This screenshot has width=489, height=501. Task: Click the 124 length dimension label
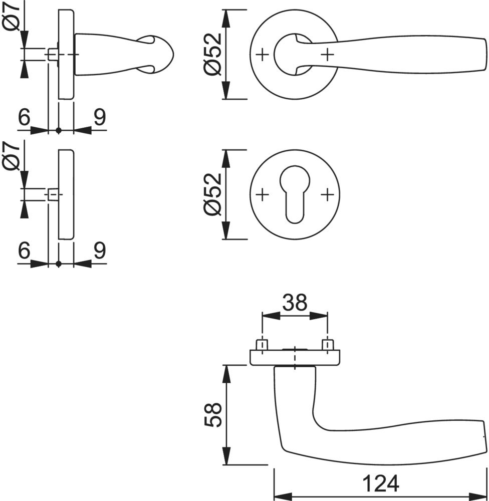[x=380, y=483]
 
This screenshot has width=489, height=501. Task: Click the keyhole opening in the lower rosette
[x=294, y=195]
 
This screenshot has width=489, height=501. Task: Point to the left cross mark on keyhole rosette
[x=262, y=194]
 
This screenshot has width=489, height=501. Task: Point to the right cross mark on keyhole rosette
[x=327, y=194]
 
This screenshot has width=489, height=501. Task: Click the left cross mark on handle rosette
[x=262, y=54]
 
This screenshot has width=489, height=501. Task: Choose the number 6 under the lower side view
[x=24, y=250]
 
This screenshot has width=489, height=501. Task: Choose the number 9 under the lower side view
[x=99, y=250]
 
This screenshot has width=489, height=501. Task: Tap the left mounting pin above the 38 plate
[x=262, y=345]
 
